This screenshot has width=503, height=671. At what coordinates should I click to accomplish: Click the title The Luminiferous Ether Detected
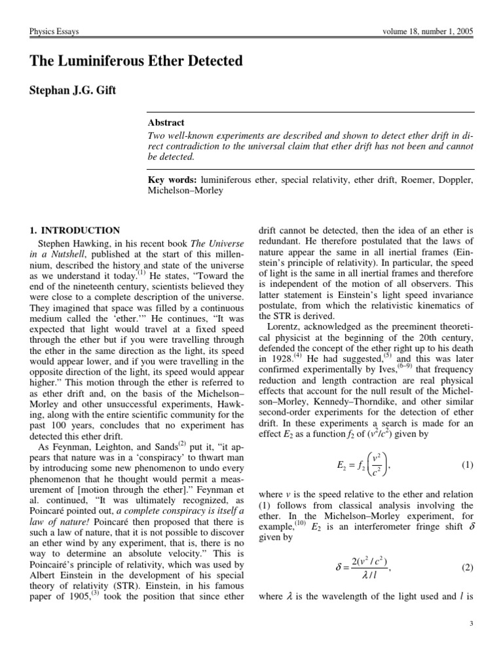pos(136,61)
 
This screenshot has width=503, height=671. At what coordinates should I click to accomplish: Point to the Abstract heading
pos(166,123)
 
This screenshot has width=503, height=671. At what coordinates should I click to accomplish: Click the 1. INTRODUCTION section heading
pos(75,230)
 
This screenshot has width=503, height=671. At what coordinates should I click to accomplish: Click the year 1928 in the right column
pos(271,358)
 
